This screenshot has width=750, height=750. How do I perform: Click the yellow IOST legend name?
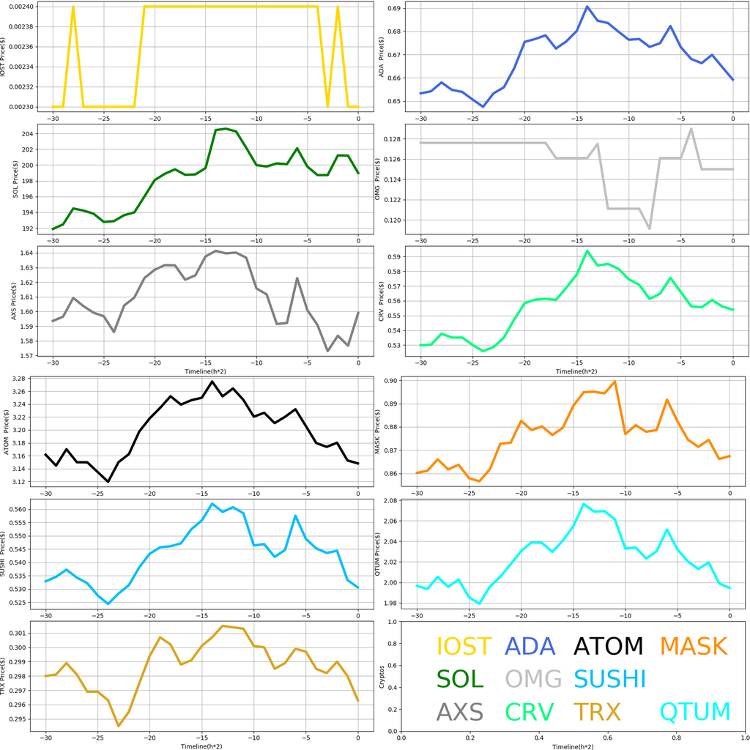[464, 646]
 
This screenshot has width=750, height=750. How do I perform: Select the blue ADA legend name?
[530, 646]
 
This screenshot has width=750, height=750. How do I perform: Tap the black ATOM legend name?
[608, 646]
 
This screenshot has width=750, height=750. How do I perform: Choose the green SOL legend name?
[460, 679]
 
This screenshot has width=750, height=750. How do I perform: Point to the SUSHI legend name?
[609, 679]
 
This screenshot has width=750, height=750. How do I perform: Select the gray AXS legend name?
[460, 711]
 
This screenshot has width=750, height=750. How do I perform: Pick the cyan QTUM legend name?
[695, 711]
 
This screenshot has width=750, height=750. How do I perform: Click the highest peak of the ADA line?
[587, 7]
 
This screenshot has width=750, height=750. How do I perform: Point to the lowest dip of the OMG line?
[650, 229]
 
